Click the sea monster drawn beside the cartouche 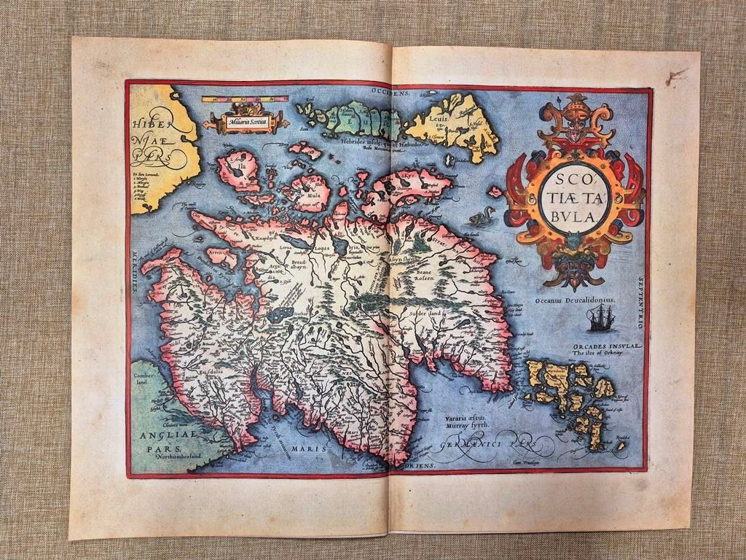[x=481, y=217]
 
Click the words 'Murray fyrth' [x=466, y=425]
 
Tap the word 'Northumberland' [x=178, y=450]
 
